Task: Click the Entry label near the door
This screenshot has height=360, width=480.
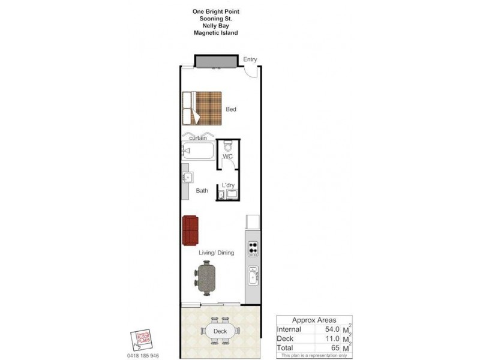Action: [x=250, y=59]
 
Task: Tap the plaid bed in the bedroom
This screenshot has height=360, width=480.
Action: [x=202, y=107]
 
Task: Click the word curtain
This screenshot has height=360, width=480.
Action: [x=198, y=138]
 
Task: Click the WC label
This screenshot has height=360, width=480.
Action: [x=227, y=157]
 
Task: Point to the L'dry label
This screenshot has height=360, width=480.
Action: [x=228, y=185]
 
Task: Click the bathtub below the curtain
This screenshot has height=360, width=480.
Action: [x=198, y=151]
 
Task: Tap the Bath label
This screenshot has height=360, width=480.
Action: [x=202, y=191]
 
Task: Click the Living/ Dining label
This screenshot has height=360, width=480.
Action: [x=217, y=253]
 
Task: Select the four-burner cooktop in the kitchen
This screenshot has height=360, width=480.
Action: [x=253, y=248]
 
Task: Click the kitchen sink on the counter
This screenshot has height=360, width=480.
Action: [x=253, y=277]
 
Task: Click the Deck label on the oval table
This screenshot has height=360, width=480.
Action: [x=220, y=331]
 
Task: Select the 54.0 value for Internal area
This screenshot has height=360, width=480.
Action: [x=332, y=329]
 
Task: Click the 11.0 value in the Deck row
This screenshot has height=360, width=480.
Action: [x=332, y=339]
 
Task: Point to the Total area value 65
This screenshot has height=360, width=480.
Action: [x=335, y=348]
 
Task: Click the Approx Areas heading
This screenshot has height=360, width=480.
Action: [x=314, y=320]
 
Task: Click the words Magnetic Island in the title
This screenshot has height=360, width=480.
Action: [x=215, y=33]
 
